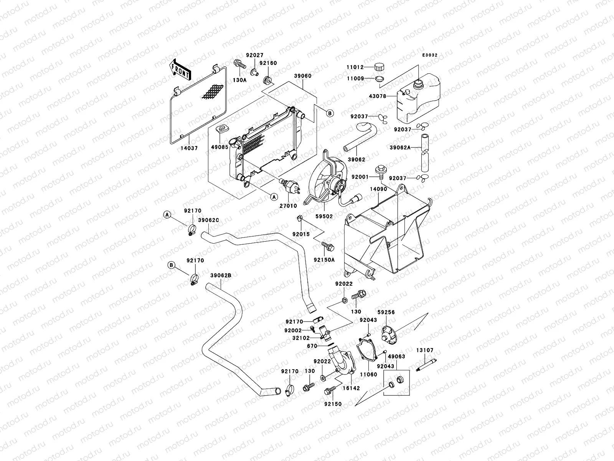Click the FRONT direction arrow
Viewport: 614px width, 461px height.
point(180,70)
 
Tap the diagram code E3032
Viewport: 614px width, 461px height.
point(430,55)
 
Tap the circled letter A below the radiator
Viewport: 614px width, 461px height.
point(273,197)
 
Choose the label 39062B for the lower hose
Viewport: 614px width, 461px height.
point(221,275)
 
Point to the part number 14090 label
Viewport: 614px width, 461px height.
point(378,189)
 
